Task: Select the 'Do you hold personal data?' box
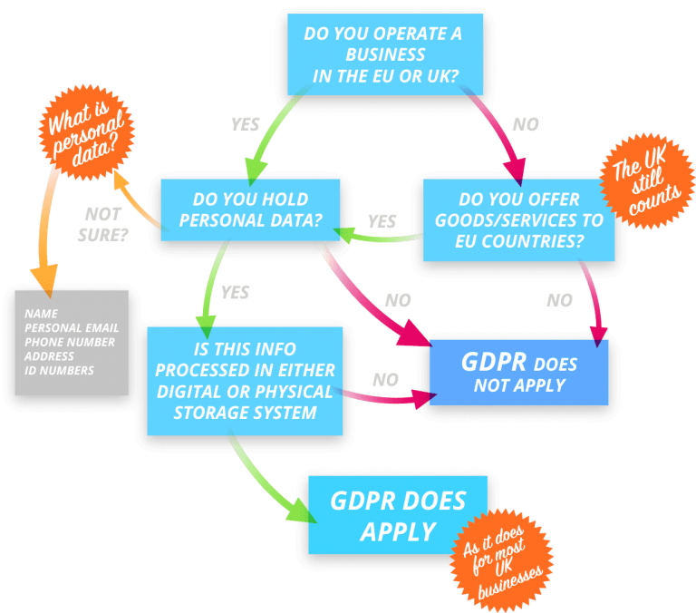click(x=250, y=209)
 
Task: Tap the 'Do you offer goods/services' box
click(x=518, y=220)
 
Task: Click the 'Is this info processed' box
click(x=245, y=380)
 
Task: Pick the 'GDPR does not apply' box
click(x=517, y=372)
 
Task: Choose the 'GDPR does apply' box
click(x=398, y=514)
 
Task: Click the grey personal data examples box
click(x=72, y=343)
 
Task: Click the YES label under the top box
click(x=245, y=124)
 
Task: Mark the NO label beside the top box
click(x=526, y=124)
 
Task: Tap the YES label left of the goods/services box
click(x=382, y=221)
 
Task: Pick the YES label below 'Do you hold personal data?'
click(x=235, y=292)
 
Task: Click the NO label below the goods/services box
click(x=560, y=300)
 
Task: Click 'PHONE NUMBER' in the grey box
click(x=70, y=343)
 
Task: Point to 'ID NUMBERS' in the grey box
click(x=59, y=371)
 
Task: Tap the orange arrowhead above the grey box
click(x=43, y=275)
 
